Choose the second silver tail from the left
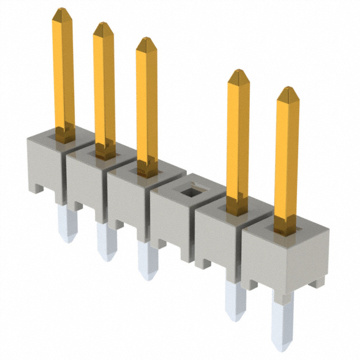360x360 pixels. [105, 242]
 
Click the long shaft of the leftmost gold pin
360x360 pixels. [64, 73]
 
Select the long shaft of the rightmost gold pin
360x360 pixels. [287, 157]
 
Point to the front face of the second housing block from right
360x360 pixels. [217, 239]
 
